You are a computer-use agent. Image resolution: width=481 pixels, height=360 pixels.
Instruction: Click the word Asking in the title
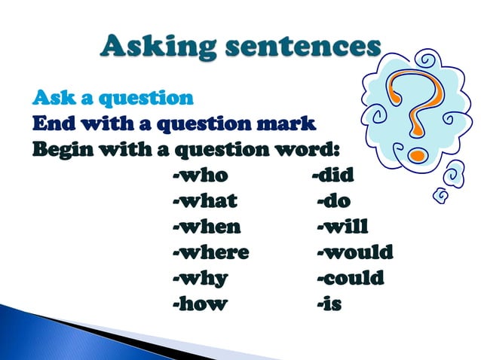coord(154,47)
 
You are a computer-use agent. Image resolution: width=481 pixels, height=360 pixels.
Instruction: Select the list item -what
coord(204,201)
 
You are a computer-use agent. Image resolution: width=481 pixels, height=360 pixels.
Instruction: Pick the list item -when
coord(207,226)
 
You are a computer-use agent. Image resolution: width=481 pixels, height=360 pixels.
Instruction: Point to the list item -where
coord(210,252)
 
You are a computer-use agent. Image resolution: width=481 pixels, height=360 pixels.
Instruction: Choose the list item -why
coord(200,277)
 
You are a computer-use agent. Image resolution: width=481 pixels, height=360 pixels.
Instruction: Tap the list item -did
coord(332,176)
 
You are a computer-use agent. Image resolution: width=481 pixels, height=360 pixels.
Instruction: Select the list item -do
coord(334,201)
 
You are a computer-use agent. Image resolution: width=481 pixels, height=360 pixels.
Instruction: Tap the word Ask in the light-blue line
coord(53,98)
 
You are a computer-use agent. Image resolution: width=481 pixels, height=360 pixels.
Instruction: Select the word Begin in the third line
coord(62,147)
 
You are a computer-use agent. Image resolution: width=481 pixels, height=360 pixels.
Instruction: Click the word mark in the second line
coord(286,122)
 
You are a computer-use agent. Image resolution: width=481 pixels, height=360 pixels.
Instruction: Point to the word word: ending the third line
coord(307,147)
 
